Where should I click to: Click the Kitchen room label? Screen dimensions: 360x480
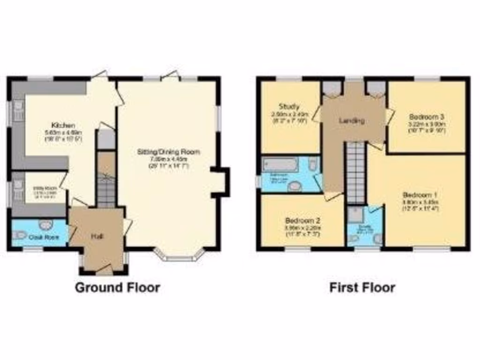click(x=63, y=125)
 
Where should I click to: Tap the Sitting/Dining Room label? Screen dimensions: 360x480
click(x=168, y=152)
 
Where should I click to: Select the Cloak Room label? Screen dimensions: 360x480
click(x=44, y=237)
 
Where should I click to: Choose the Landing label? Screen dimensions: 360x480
click(x=352, y=120)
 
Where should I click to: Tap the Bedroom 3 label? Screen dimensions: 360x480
click(x=426, y=116)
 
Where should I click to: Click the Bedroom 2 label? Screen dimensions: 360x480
click(x=302, y=220)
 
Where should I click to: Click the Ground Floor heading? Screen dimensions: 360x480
click(x=117, y=287)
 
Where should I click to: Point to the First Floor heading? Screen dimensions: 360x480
click(x=362, y=287)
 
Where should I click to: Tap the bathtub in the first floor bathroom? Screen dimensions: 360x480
click(x=281, y=165)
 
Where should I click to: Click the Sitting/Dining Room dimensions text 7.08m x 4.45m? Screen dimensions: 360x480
click(x=168, y=158)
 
